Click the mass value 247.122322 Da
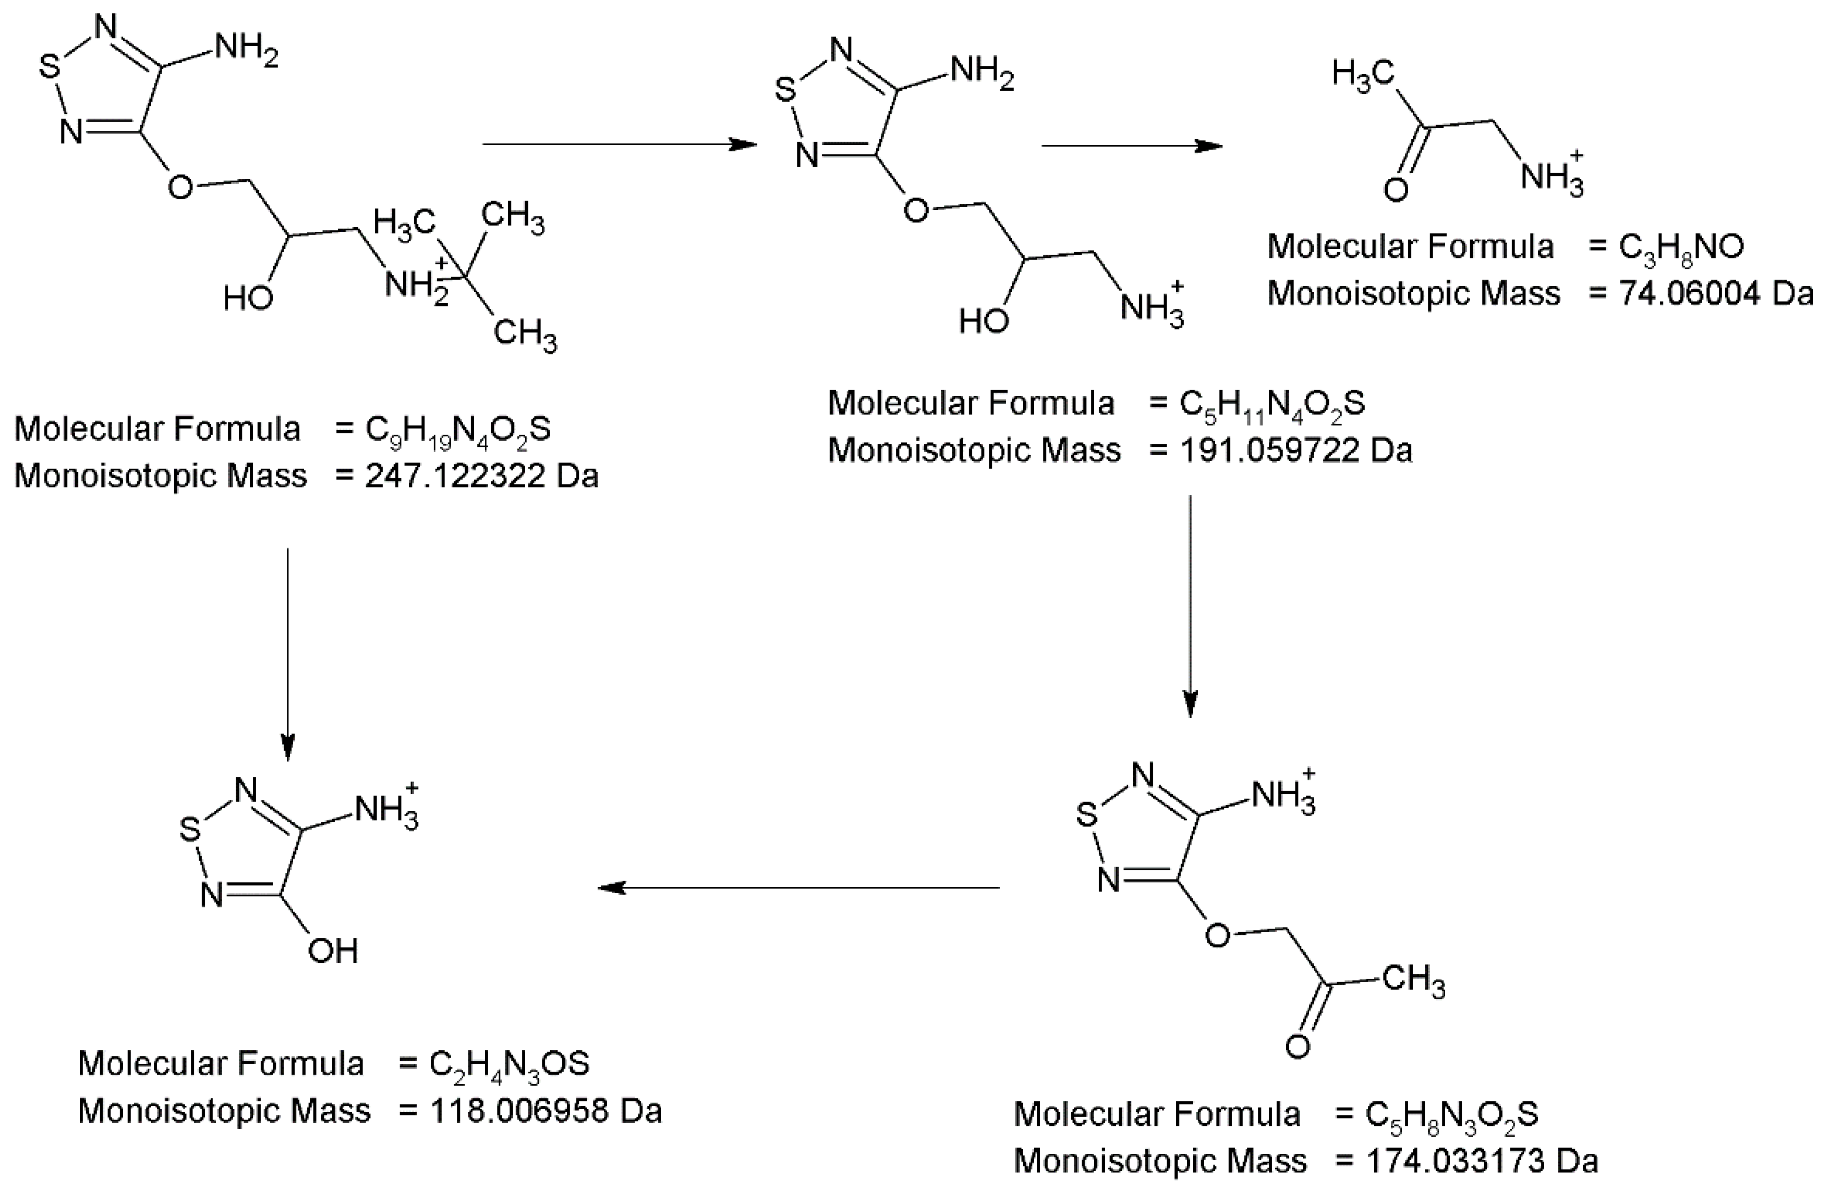481,476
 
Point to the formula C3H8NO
1681,247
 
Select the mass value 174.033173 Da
1482,1161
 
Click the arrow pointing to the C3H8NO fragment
1132,145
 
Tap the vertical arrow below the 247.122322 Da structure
288,654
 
